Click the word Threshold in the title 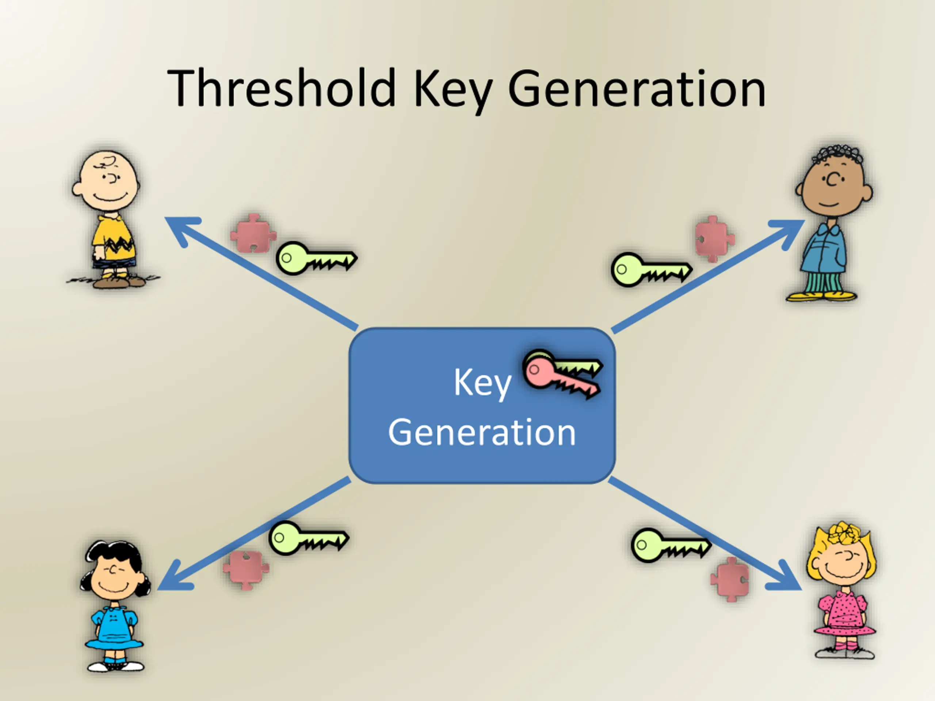(x=281, y=89)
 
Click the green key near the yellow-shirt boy (x=315, y=258)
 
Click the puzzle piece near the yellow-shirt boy (x=253, y=234)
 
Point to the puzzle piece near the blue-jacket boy (x=714, y=239)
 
